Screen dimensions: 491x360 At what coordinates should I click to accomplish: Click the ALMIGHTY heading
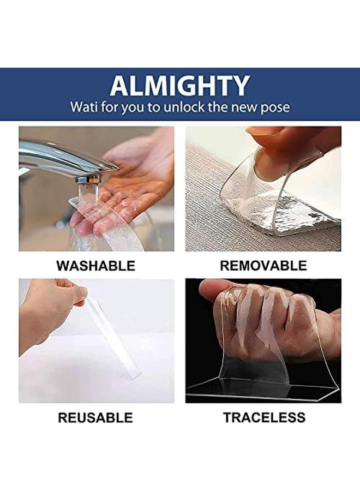tap(179, 86)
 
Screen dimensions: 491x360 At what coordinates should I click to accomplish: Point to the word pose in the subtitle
tap(276, 107)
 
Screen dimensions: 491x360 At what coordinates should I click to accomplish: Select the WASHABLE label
tap(95, 266)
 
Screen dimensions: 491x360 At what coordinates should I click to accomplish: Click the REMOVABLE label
tap(263, 266)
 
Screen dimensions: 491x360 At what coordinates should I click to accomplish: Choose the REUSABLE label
tap(95, 418)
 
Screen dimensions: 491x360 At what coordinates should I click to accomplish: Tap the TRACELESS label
tap(264, 418)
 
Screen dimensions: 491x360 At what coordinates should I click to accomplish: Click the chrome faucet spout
tap(60, 158)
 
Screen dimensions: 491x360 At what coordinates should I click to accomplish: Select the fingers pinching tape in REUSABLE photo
tap(74, 295)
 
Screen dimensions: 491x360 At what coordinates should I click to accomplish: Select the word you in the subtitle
tap(131, 107)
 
